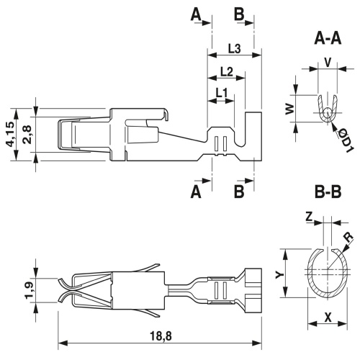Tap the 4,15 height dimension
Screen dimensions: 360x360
tap(11, 135)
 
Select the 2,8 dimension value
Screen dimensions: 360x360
tap(27, 135)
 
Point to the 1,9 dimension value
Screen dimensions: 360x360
tap(30, 289)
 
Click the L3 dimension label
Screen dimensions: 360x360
tap(234, 49)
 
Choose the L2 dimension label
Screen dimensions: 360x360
tap(227, 71)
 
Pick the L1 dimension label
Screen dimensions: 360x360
tap(221, 93)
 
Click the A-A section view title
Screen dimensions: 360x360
tap(328, 39)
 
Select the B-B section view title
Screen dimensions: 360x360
tap(328, 192)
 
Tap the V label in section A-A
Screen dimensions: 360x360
tap(328, 63)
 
